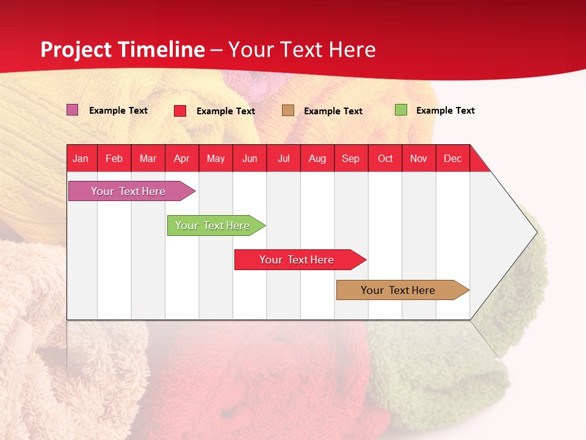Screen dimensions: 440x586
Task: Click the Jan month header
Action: coord(81,158)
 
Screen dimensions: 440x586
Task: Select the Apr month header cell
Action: coord(181,158)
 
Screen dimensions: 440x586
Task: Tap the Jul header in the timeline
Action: coord(283,158)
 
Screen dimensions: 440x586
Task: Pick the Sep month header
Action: coord(350,158)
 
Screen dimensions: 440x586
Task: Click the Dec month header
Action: coord(452,158)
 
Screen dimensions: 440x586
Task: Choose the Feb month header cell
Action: coord(114,158)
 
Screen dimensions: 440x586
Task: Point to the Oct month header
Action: coord(385,158)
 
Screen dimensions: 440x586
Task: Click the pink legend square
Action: coord(73,110)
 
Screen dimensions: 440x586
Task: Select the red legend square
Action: coord(180,111)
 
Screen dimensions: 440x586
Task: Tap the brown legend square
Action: coord(288,111)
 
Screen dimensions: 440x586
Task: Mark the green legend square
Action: coord(401,110)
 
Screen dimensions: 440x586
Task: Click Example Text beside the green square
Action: coord(445,111)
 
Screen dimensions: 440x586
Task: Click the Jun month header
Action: coord(249,158)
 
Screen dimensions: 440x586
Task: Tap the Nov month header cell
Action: coord(418,158)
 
